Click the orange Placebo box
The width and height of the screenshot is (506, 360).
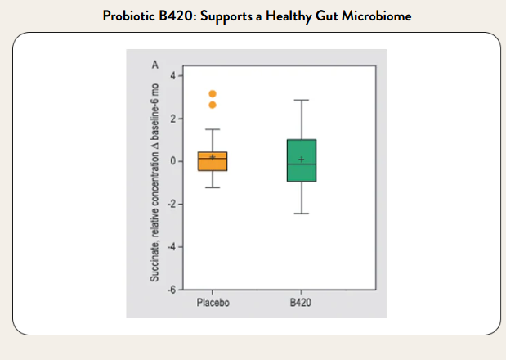pos(213,161)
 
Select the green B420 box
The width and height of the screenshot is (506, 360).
pos(302,160)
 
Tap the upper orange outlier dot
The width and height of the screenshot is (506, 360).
pos(213,94)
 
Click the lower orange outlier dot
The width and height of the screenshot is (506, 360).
pos(213,105)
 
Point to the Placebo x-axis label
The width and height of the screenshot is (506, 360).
pos(213,303)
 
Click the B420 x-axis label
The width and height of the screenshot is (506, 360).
pos(302,303)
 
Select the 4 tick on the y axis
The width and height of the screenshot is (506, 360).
pos(172,76)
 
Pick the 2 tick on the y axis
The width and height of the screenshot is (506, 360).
pos(172,119)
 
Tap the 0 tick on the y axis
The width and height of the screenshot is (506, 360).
pos(172,161)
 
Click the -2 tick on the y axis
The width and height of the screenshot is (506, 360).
pos(171,204)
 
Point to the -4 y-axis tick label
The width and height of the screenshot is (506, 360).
pos(171,246)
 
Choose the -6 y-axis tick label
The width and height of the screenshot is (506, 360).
pos(171,289)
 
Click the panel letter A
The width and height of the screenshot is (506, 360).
pos(154,64)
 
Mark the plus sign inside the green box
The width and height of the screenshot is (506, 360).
pos(302,160)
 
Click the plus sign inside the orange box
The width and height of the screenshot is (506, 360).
pos(213,157)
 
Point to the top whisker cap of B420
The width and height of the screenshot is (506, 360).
pos(302,100)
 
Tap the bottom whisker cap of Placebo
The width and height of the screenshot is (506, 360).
pos(213,187)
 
